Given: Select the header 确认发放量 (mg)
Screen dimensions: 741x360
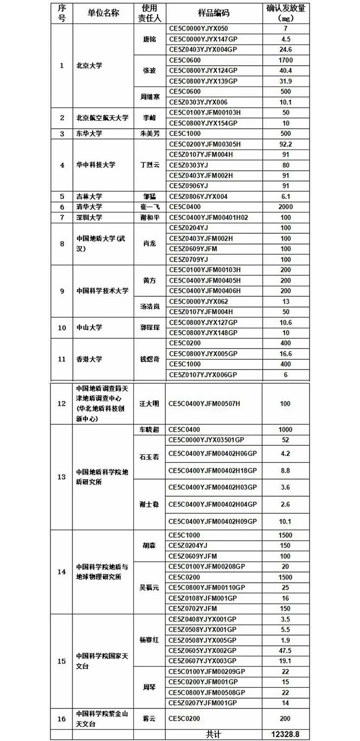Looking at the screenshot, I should tap(285, 13).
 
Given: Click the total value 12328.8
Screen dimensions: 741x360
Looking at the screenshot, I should tap(285, 734).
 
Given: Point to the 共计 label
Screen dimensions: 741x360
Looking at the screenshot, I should tap(213, 734).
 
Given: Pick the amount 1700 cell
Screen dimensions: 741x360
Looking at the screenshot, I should tap(285, 60).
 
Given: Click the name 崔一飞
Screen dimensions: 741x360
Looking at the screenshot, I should tap(149, 207).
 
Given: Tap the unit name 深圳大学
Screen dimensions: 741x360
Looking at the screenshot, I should tap(89, 217).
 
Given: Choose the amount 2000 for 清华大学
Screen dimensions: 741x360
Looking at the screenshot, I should tap(285, 207).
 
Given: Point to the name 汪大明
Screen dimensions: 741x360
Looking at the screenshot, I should tap(149, 404).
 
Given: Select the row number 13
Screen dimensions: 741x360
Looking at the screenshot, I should tap(62, 477).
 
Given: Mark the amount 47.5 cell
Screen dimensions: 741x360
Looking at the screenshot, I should tap(285, 651).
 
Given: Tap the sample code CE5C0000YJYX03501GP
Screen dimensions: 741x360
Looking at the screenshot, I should tap(206, 440).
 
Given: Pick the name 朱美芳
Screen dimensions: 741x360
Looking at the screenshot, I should tap(149, 134).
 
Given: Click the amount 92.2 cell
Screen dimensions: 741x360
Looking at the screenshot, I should tap(285, 144).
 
